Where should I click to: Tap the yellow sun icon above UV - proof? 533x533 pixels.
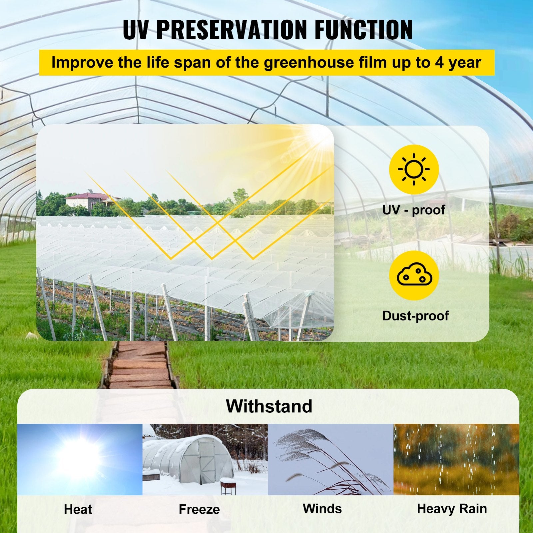pos(414,170)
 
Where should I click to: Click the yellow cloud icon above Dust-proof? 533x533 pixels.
pos(414,275)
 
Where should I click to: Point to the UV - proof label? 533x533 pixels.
pos(413,210)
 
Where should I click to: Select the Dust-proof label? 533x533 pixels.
pos(415,315)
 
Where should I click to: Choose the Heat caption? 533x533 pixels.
pos(78,509)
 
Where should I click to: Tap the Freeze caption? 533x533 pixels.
pos(199,509)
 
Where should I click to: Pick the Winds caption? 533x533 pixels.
pos(322,509)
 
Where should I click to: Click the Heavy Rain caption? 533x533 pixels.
pos(452,509)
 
